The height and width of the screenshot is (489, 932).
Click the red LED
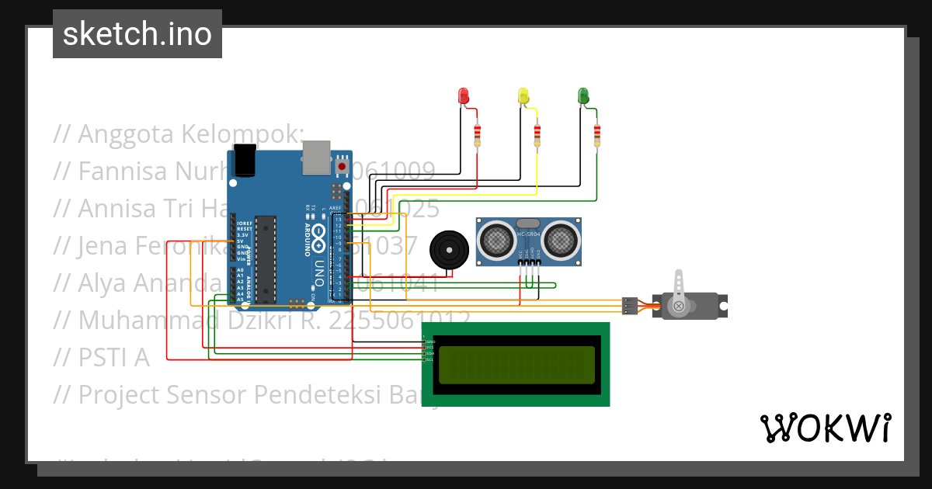coord(464,96)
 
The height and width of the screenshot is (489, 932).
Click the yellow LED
coord(523,96)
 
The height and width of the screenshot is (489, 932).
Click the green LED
coord(582,96)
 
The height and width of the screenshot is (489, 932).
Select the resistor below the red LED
coord(477,136)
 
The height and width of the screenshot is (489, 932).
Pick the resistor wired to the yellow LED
coord(537,136)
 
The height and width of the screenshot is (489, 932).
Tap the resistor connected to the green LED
coord(596,136)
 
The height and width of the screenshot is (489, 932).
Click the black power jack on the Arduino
coord(244,161)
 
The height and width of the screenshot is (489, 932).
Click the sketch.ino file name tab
coord(137,34)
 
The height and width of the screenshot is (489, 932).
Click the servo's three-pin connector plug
coord(630,306)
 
